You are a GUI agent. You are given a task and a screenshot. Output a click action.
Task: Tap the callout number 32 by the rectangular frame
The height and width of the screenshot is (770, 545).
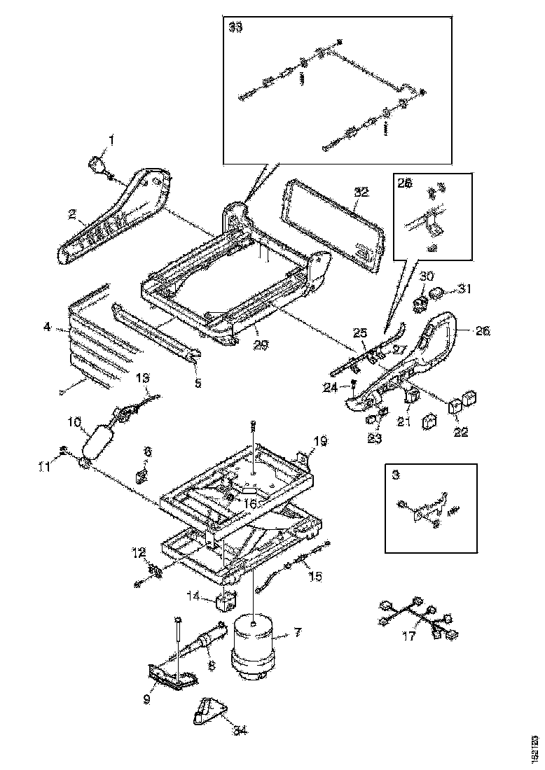coord(360,190)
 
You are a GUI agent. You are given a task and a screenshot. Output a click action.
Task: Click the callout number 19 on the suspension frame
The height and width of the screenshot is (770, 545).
coord(320,441)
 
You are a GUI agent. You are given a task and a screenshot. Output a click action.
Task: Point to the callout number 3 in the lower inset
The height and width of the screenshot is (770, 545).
coord(396,474)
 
